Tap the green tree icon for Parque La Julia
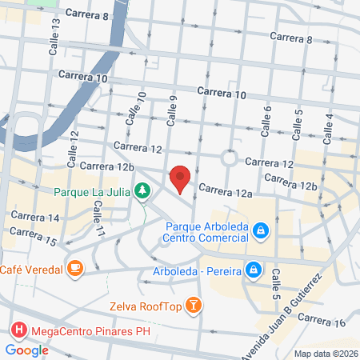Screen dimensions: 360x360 [x=142, y=190]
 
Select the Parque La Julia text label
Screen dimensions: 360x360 [x=93, y=191]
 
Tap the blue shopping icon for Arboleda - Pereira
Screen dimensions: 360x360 [x=253, y=270]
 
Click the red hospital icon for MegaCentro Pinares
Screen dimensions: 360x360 [x=18, y=330]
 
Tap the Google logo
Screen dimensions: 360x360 [x=26, y=350]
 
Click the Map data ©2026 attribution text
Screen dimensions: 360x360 [x=324, y=354]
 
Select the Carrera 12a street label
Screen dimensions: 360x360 [x=226, y=190]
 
